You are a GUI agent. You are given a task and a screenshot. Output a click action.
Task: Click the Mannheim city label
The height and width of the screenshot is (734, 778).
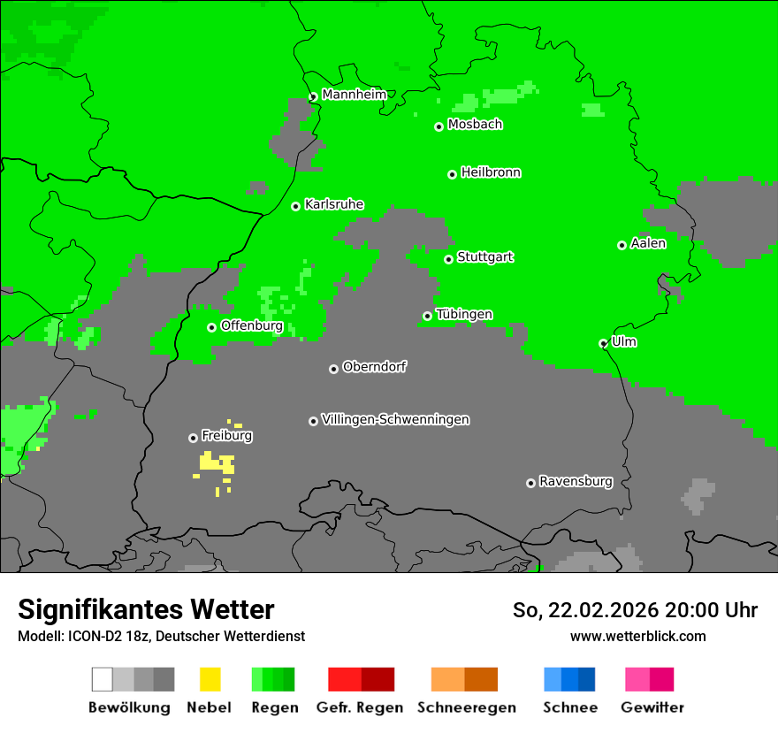[x=354, y=95]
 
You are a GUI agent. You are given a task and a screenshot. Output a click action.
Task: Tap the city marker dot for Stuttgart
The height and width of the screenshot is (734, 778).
[x=448, y=259]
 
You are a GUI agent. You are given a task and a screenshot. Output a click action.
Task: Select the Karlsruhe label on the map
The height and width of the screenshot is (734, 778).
[x=333, y=204]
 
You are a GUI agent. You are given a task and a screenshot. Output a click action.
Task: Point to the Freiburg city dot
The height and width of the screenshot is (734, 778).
[x=193, y=438]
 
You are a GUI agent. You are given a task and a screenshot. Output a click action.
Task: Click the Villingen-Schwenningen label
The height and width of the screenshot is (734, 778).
[x=395, y=419]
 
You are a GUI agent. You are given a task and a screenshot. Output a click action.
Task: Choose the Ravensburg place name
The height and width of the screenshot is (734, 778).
[x=576, y=481]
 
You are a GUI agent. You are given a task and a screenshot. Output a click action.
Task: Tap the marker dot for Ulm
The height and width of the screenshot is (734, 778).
[x=603, y=343]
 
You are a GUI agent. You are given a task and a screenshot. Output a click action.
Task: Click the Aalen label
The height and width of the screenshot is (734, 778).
[x=648, y=243]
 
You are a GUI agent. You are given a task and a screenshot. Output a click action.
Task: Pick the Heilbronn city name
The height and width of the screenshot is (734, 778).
[x=491, y=172]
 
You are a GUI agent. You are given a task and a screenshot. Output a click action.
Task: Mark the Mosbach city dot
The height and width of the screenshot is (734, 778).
[x=439, y=126]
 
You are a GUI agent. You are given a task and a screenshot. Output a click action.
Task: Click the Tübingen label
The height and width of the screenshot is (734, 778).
[x=464, y=314]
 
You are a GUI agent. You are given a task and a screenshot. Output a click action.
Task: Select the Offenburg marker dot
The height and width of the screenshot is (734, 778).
[x=211, y=327]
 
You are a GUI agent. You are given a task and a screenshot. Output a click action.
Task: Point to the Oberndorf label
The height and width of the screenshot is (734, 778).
[x=375, y=366]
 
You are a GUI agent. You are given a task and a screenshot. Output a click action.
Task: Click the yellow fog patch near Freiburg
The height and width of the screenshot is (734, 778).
[x=215, y=463]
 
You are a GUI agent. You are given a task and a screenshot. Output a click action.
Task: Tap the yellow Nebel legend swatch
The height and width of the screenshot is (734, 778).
[x=210, y=679]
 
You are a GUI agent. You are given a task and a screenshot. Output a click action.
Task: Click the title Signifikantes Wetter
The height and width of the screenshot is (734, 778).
[x=146, y=609]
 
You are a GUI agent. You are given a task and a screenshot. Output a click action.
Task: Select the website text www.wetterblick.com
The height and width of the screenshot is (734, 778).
[x=637, y=636]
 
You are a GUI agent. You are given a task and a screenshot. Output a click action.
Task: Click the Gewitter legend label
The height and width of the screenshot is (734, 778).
[x=652, y=707]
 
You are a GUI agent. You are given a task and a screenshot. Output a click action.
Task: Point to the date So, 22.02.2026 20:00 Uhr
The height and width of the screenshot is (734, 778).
[x=635, y=610]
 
